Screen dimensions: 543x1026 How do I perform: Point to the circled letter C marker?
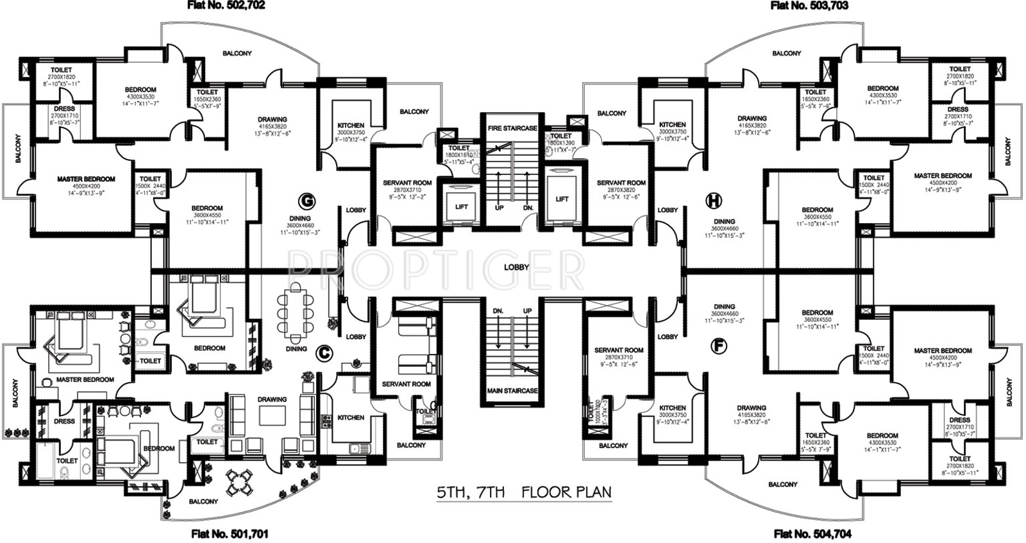(324, 351)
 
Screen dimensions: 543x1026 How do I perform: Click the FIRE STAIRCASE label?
(512, 128)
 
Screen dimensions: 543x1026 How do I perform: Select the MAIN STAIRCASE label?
(512, 390)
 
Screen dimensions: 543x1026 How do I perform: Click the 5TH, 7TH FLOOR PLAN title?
(524, 492)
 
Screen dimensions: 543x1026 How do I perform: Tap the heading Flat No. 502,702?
(226, 6)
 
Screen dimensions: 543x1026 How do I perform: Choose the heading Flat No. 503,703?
(809, 6)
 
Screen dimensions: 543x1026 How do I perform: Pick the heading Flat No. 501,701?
(230, 533)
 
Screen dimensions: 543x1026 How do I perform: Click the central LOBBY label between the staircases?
(516, 267)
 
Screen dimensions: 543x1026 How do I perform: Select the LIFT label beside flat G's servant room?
(462, 206)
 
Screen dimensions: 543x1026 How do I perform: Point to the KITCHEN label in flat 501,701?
(351, 417)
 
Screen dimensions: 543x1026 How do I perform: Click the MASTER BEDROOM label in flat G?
(86, 180)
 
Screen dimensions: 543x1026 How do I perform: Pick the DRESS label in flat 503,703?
(958, 110)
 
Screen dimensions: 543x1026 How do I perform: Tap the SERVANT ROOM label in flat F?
(618, 350)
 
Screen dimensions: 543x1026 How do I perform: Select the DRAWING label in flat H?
(752, 119)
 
